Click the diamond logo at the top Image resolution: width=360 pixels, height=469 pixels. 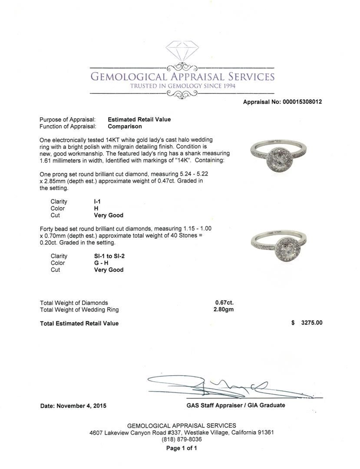[x=182, y=52]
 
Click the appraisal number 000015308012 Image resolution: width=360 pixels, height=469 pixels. [x=302, y=102]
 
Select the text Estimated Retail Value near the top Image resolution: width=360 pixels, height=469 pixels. [x=139, y=119]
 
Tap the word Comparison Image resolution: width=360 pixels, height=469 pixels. [x=125, y=126]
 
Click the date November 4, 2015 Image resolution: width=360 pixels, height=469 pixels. [x=73, y=406]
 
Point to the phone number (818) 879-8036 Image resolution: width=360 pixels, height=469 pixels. [x=182, y=439]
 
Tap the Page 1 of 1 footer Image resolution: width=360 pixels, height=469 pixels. [x=182, y=448]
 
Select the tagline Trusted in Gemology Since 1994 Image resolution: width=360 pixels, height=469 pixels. [x=182, y=86]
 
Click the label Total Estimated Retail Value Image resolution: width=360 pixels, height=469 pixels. [x=79, y=323]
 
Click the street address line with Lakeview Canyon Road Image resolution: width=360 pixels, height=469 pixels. [x=182, y=433]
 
